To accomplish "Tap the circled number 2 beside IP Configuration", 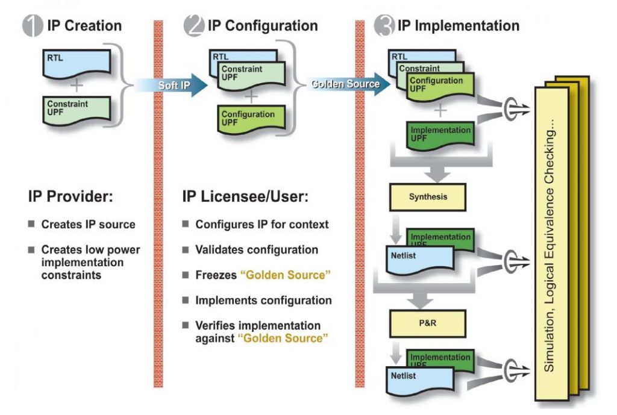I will point(194,26).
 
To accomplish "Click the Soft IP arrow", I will point(175,86).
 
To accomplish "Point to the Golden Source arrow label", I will point(345,84).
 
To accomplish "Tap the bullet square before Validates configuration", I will point(186,249).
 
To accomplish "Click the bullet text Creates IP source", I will point(88,224).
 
